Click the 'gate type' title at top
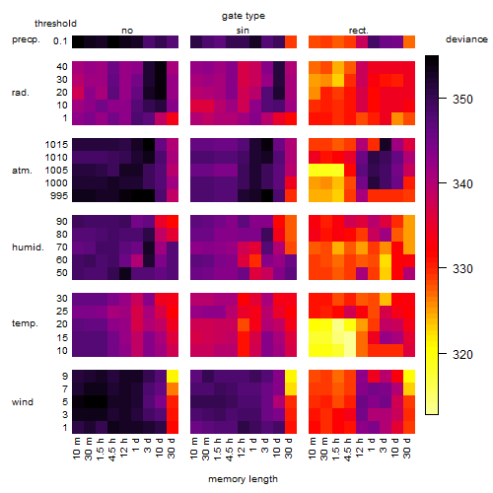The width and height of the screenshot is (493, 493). coord(244,16)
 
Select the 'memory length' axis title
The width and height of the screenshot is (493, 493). coord(243,479)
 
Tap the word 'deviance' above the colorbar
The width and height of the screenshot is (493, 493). coord(466,39)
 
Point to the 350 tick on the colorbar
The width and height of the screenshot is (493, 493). coord(443,98)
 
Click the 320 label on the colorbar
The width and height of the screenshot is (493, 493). coord(462,355)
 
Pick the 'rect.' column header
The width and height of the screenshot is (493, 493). coord(359,31)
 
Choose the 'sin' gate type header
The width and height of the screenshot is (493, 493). coord(243,31)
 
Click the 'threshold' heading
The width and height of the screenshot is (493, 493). coord(55,24)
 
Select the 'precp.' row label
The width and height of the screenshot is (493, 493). coord(26,39)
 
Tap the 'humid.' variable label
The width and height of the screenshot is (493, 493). coord(28,247)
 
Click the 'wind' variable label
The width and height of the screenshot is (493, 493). coord(23,402)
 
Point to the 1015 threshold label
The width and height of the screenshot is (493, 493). coord(56,145)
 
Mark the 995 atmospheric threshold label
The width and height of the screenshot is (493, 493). coord(59,196)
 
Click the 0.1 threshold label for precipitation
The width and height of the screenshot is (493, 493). coord(60,41)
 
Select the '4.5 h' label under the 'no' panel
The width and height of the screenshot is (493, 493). coord(111,450)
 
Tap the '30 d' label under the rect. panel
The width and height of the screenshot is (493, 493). coord(407,449)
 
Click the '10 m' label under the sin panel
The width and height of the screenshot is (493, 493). coord(194,449)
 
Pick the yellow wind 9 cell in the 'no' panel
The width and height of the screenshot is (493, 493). coord(173,377)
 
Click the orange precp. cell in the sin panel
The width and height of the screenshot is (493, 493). coord(291,41)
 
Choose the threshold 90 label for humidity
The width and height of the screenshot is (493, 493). coord(62,222)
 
